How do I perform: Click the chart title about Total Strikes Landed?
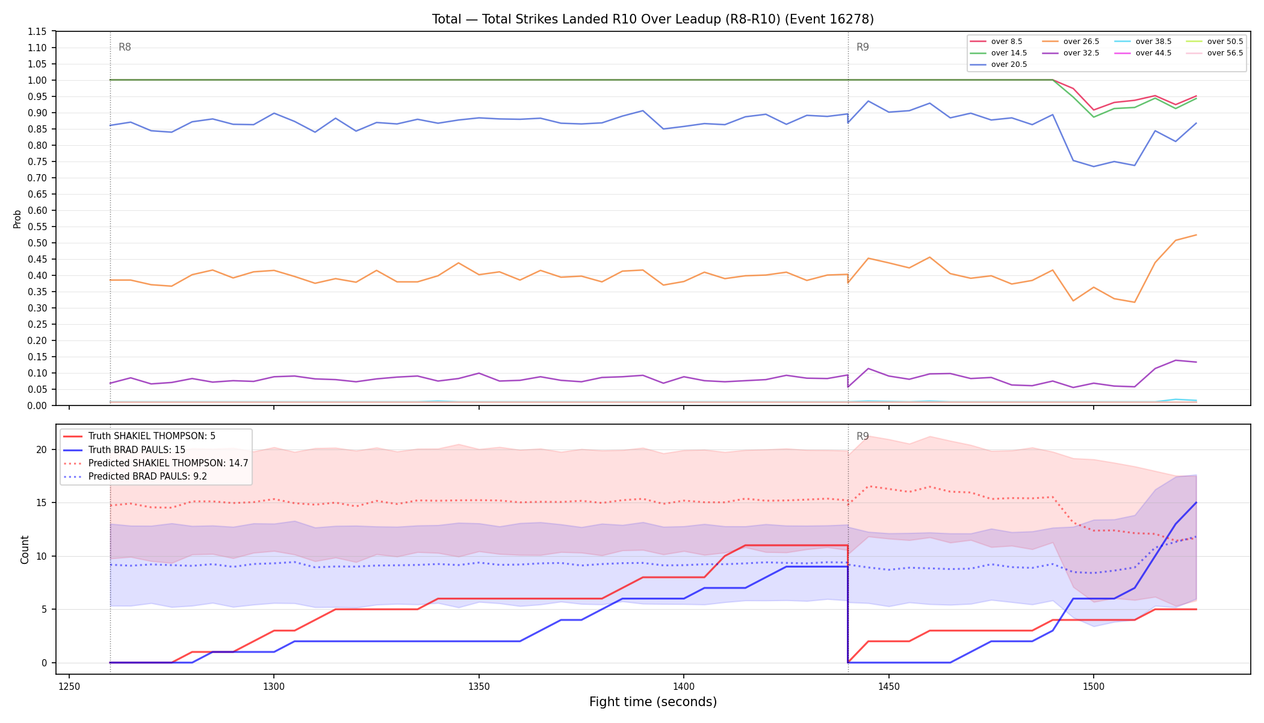click(653, 19)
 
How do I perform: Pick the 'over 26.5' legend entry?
click(1071, 42)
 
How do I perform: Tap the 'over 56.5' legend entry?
click(1215, 53)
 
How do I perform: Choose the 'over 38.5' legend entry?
click(1143, 42)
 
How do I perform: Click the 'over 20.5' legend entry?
click(999, 64)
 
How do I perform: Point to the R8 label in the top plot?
click(125, 47)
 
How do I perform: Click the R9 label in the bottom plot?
click(863, 436)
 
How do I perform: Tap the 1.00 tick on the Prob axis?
click(37, 80)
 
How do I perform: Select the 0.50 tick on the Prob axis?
click(37, 243)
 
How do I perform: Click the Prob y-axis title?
click(17, 219)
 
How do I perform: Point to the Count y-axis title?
click(25, 549)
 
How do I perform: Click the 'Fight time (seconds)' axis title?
click(653, 702)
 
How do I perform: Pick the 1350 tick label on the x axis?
click(479, 686)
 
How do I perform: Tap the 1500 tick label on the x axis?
click(1094, 686)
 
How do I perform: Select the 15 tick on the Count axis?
click(42, 502)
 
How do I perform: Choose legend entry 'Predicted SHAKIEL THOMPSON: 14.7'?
click(155, 463)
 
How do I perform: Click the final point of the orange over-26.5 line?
click(1196, 235)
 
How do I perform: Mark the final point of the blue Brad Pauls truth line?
click(1196, 502)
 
